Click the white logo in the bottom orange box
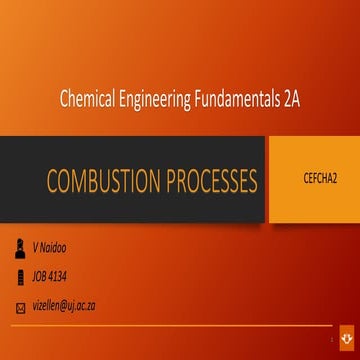347,341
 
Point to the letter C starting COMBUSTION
51,181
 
